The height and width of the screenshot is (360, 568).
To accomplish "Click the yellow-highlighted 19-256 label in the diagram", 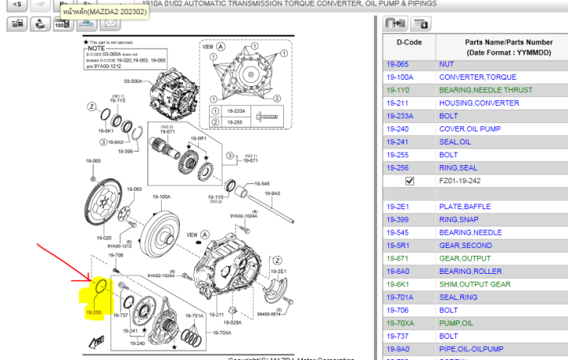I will (94, 313).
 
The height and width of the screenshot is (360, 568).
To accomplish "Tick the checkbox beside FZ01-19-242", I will (409, 181).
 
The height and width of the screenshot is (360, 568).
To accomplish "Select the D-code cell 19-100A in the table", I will (399, 77).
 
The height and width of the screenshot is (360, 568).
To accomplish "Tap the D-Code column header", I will (409, 40).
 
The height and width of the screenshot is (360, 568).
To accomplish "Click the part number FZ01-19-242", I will (466, 181).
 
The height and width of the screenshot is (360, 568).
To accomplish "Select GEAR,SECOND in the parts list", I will (465, 246).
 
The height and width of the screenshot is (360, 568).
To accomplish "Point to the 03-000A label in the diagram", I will (133, 80).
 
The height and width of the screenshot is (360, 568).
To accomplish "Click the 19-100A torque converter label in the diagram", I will (161, 197).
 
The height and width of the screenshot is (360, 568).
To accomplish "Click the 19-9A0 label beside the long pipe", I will (272, 193).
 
